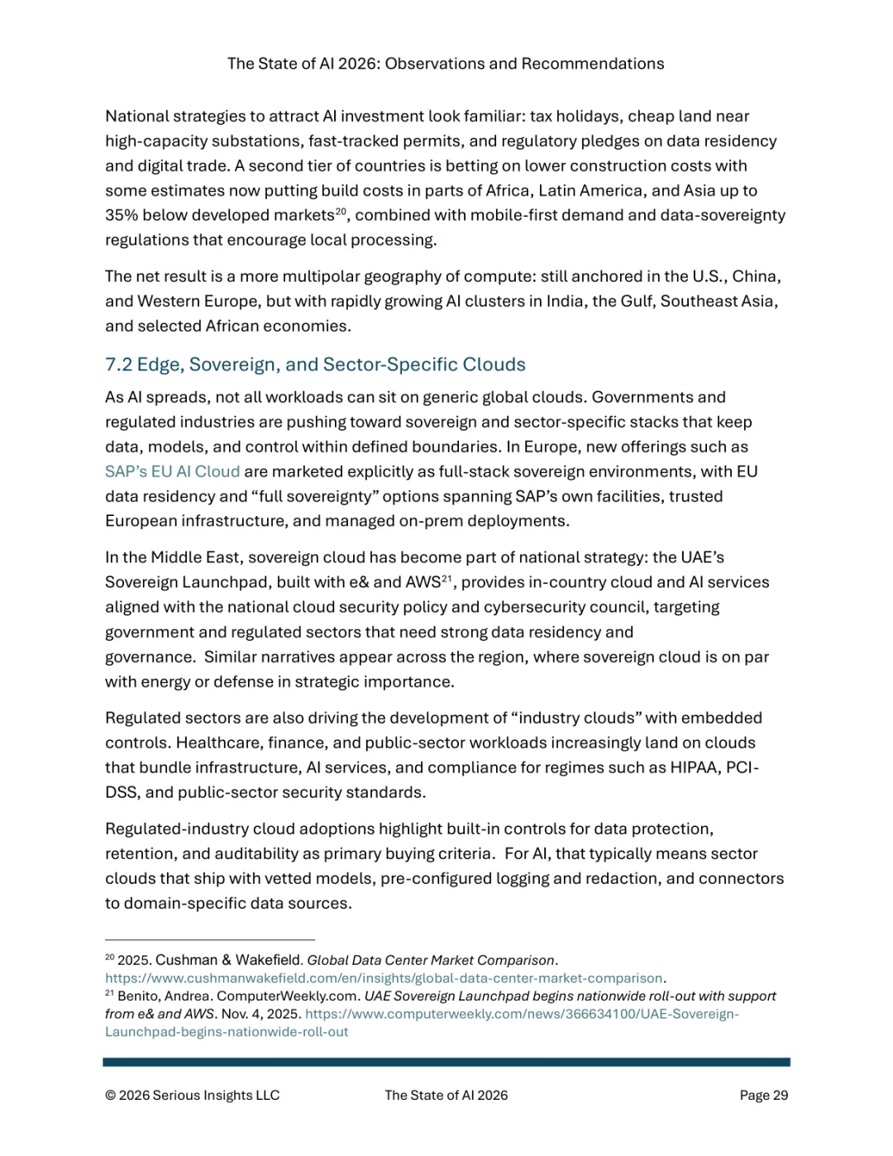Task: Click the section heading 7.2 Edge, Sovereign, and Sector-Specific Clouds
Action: [315, 365]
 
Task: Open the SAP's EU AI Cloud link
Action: [172, 471]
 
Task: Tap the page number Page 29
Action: [763, 1095]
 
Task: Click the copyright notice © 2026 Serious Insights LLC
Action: [192, 1095]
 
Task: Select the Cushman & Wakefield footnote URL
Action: [384, 978]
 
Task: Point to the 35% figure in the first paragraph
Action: [122, 215]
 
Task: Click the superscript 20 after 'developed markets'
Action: [341, 212]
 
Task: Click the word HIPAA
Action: [694, 767]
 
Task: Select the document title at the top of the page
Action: [446, 64]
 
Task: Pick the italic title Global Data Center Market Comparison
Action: [430, 960]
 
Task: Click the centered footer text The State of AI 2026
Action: [446, 1095]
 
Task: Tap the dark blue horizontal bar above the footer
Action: [446, 1062]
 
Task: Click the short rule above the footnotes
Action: [210, 940]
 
